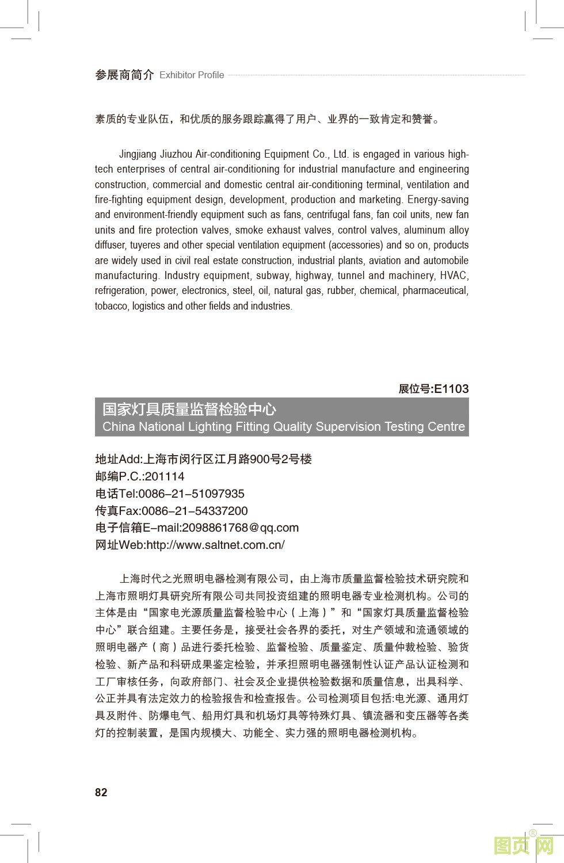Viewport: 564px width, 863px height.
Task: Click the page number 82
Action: [x=101, y=792]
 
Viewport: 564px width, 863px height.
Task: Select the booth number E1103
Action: [x=451, y=389]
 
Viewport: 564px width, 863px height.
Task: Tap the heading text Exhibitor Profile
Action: [x=192, y=75]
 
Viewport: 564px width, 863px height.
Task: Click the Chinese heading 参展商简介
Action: [x=124, y=75]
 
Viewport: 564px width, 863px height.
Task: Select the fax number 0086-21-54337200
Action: [x=195, y=511]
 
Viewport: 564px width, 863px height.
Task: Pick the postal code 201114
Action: [x=165, y=476]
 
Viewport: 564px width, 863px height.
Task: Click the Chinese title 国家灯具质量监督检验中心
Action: [x=189, y=409]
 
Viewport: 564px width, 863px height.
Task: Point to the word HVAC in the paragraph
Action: [x=454, y=276]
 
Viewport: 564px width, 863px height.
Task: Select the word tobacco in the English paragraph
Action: [x=111, y=306]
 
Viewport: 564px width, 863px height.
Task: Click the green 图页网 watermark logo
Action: [x=524, y=846]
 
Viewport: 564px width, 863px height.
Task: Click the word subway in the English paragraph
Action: [x=274, y=276]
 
